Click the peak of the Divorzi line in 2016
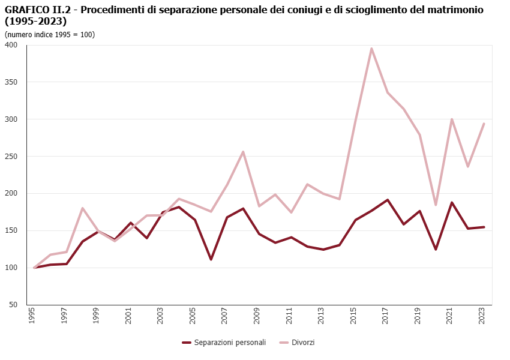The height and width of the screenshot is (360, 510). point(371,49)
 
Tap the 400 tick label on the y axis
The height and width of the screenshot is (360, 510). point(12,45)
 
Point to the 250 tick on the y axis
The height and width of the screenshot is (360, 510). point(12,157)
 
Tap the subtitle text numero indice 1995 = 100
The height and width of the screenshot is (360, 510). point(50,34)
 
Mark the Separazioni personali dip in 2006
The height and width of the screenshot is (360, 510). point(211,260)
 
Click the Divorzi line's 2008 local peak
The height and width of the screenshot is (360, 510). point(243,152)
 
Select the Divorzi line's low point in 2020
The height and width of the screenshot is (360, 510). point(436,205)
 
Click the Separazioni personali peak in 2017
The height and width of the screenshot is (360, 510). point(388,200)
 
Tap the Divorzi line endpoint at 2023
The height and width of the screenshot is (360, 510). point(484,124)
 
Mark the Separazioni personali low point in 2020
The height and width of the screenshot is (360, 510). point(436,250)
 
